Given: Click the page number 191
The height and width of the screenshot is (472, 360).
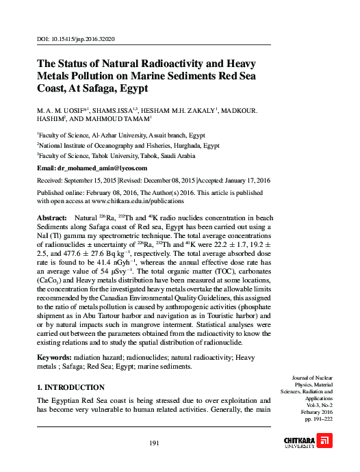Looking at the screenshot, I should tap(155, 443).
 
